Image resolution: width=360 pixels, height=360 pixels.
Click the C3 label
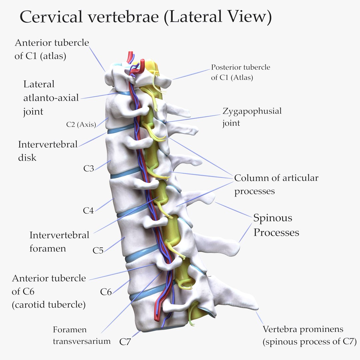(88, 169)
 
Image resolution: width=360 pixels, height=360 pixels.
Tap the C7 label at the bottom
(126, 342)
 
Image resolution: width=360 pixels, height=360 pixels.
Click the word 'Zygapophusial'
(252, 111)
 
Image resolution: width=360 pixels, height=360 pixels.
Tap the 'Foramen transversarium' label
(81, 335)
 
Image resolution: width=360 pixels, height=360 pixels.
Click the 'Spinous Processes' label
(276, 225)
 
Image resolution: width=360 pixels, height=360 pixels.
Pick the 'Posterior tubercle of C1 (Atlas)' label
(240, 72)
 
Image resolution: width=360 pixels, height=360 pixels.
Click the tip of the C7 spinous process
(255, 305)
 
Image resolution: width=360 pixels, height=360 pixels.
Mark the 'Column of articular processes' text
(276, 184)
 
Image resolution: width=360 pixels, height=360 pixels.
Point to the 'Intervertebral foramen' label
(59, 242)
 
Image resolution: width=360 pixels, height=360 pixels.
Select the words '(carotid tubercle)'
(49, 305)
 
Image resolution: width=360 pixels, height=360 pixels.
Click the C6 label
(106, 292)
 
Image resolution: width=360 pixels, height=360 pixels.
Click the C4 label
(88, 211)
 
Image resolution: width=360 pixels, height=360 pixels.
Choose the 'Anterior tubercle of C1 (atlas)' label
(52, 49)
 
